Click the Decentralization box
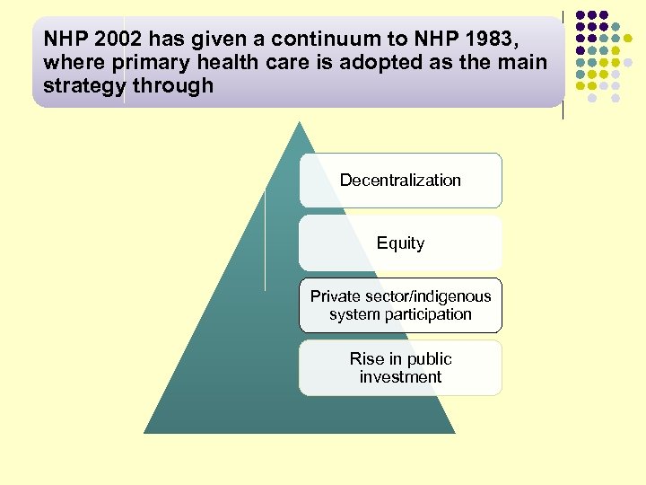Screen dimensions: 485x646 [x=400, y=181]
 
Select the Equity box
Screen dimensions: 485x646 [x=400, y=243]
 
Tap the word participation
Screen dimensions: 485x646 [x=426, y=314]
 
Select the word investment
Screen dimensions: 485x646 [x=400, y=377]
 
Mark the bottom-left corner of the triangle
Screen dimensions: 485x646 [x=145, y=433]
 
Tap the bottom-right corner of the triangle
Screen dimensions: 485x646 [x=454, y=433]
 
